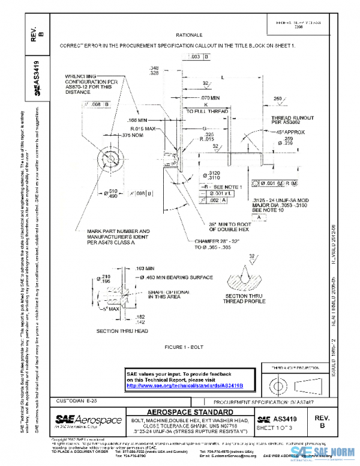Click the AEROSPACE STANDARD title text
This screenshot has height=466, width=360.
pyautogui.click(x=189, y=412)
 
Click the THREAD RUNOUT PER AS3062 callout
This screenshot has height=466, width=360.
pyautogui.click(x=289, y=120)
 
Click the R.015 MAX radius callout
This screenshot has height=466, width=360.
pyautogui.click(x=142, y=129)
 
